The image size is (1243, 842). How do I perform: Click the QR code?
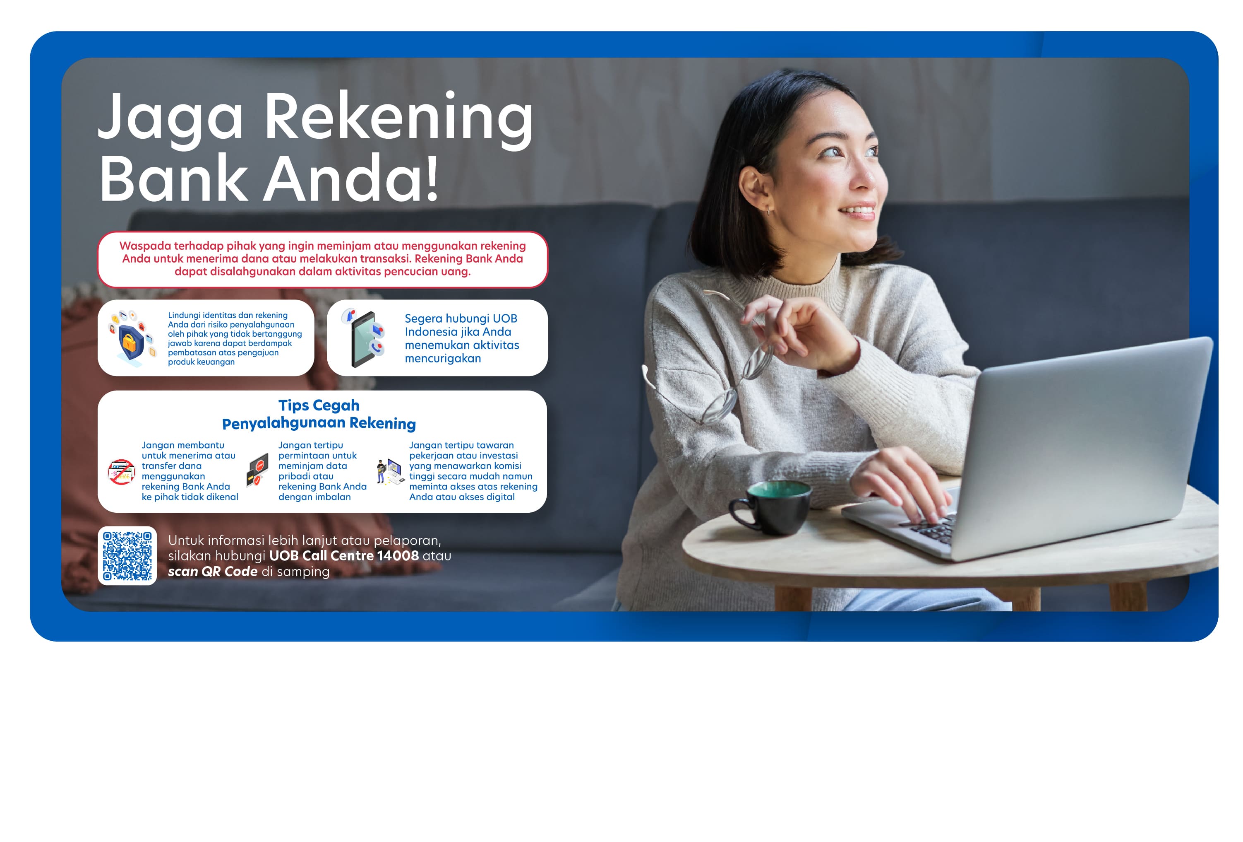tap(127, 556)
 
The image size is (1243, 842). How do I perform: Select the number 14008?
tap(398, 556)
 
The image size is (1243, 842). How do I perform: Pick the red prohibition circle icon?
tap(121, 472)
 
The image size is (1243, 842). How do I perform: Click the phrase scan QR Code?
tap(213, 572)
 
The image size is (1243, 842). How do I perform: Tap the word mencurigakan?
tap(443, 359)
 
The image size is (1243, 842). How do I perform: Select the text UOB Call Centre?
tap(322, 556)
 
